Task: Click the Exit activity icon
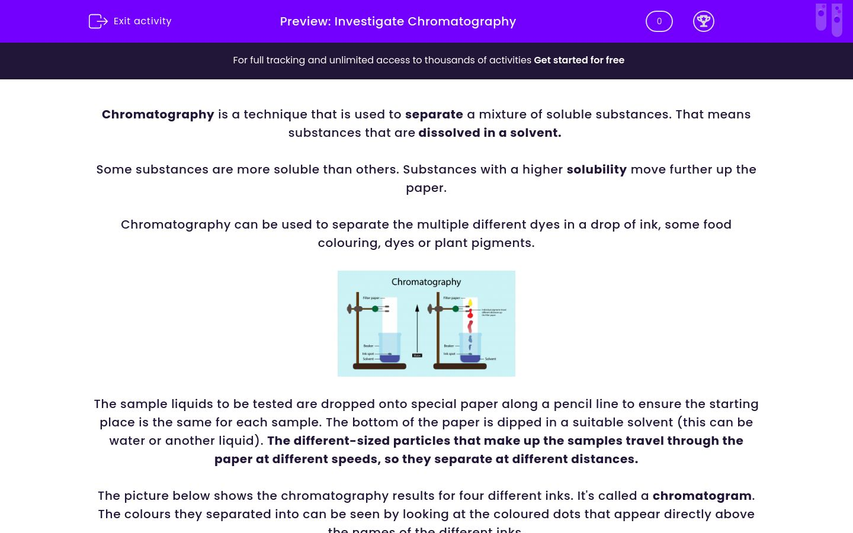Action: point(98,21)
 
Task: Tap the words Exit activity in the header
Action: point(142,21)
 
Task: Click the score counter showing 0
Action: point(659,21)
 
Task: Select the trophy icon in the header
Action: point(703,21)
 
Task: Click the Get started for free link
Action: point(579,60)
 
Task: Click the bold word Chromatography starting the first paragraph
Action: point(158,114)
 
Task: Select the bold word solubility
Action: point(596,169)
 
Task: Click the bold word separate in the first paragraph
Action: point(434,114)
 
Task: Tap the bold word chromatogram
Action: point(701,496)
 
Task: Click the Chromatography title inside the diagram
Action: point(426,282)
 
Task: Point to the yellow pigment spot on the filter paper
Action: point(470,303)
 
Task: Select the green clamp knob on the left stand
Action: point(376,309)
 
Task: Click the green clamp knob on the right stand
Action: point(456,309)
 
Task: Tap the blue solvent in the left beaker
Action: point(390,358)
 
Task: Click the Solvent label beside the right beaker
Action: point(490,359)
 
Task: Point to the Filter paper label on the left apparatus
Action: point(371,298)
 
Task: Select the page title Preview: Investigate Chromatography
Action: point(397,21)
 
